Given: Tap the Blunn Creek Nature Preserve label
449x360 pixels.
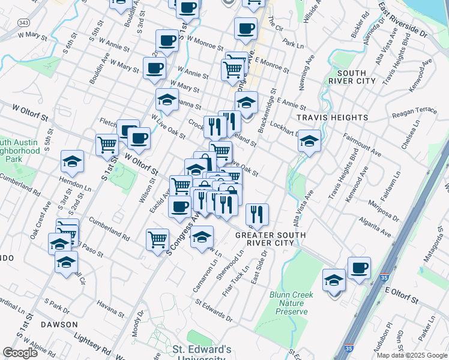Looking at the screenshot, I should click(x=292, y=303).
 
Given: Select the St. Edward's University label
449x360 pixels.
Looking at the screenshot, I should click(x=202, y=352).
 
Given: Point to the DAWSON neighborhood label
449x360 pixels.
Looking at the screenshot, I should click(x=59, y=324).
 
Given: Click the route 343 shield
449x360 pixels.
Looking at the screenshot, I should click(x=23, y=22).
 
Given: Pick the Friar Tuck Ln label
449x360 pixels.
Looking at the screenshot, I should click(x=236, y=281).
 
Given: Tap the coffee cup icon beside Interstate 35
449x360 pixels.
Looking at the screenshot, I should click(x=359, y=268).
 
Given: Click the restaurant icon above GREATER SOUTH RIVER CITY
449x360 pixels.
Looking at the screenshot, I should click(x=257, y=214).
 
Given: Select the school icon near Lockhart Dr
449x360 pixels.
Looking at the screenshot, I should click(x=309, y=141).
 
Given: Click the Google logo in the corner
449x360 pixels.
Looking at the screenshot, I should click(x=20, y=353).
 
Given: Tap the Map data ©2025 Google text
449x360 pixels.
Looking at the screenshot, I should click(x=411, y=355).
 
